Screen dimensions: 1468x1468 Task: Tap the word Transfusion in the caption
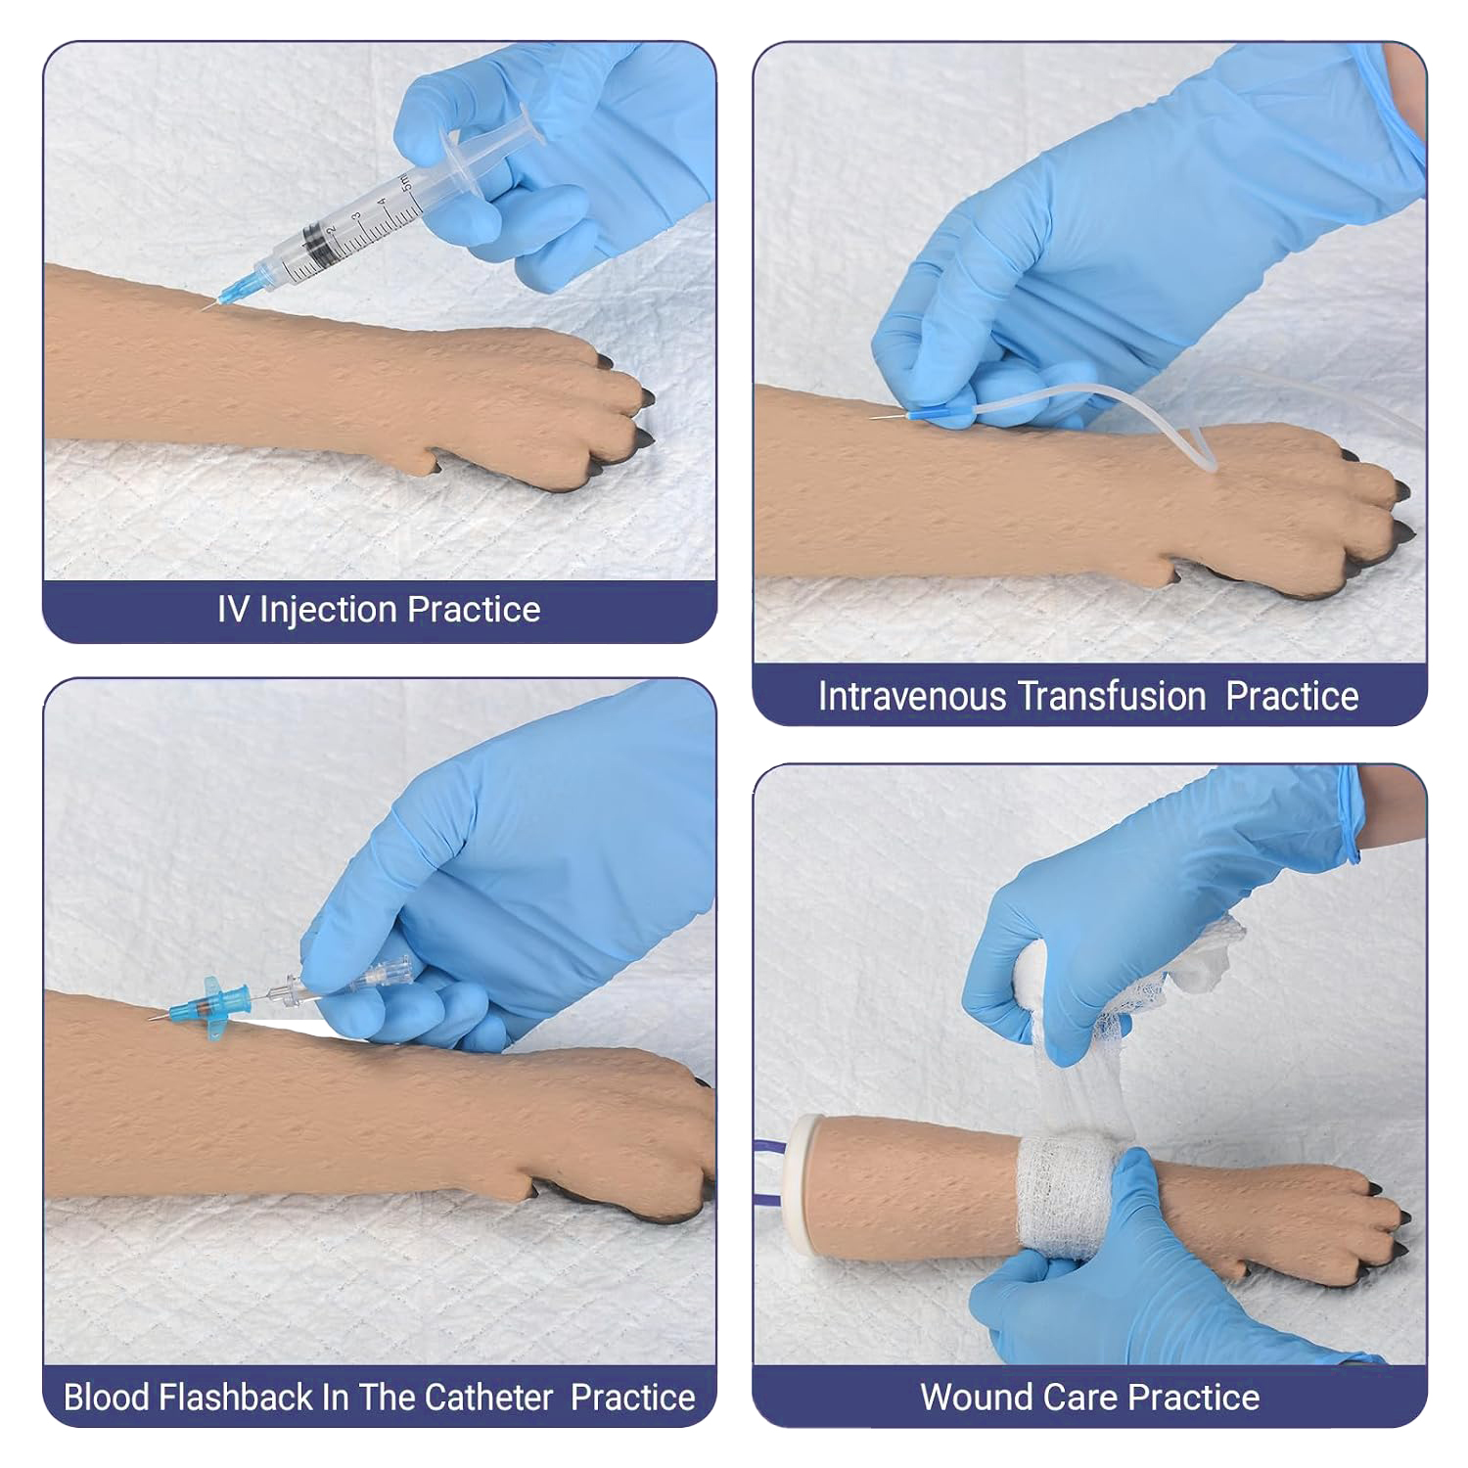1114,697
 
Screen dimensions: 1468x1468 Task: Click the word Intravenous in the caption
913,697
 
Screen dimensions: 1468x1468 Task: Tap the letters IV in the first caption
233,611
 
